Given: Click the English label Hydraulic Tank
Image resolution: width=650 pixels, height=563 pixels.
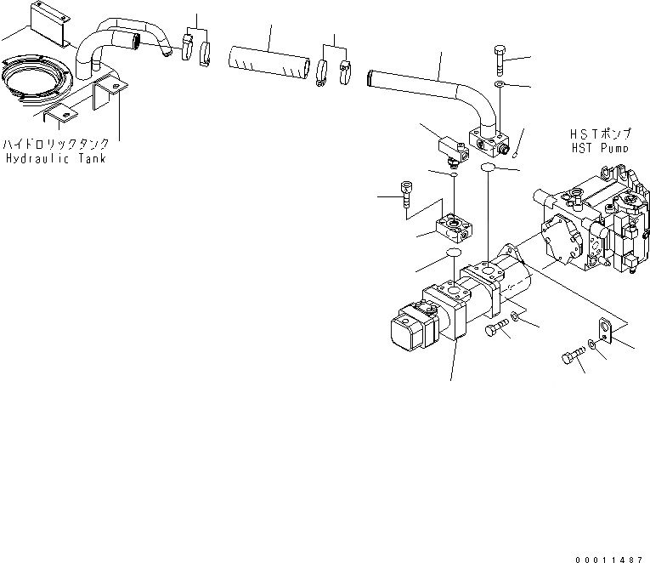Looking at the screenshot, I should [55, 159].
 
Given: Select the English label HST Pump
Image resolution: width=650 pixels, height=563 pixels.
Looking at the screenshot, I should [600, 147].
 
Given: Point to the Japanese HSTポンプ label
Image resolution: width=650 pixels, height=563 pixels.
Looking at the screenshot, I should [600, 134].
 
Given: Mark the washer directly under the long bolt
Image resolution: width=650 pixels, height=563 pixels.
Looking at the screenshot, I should [500, 86].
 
